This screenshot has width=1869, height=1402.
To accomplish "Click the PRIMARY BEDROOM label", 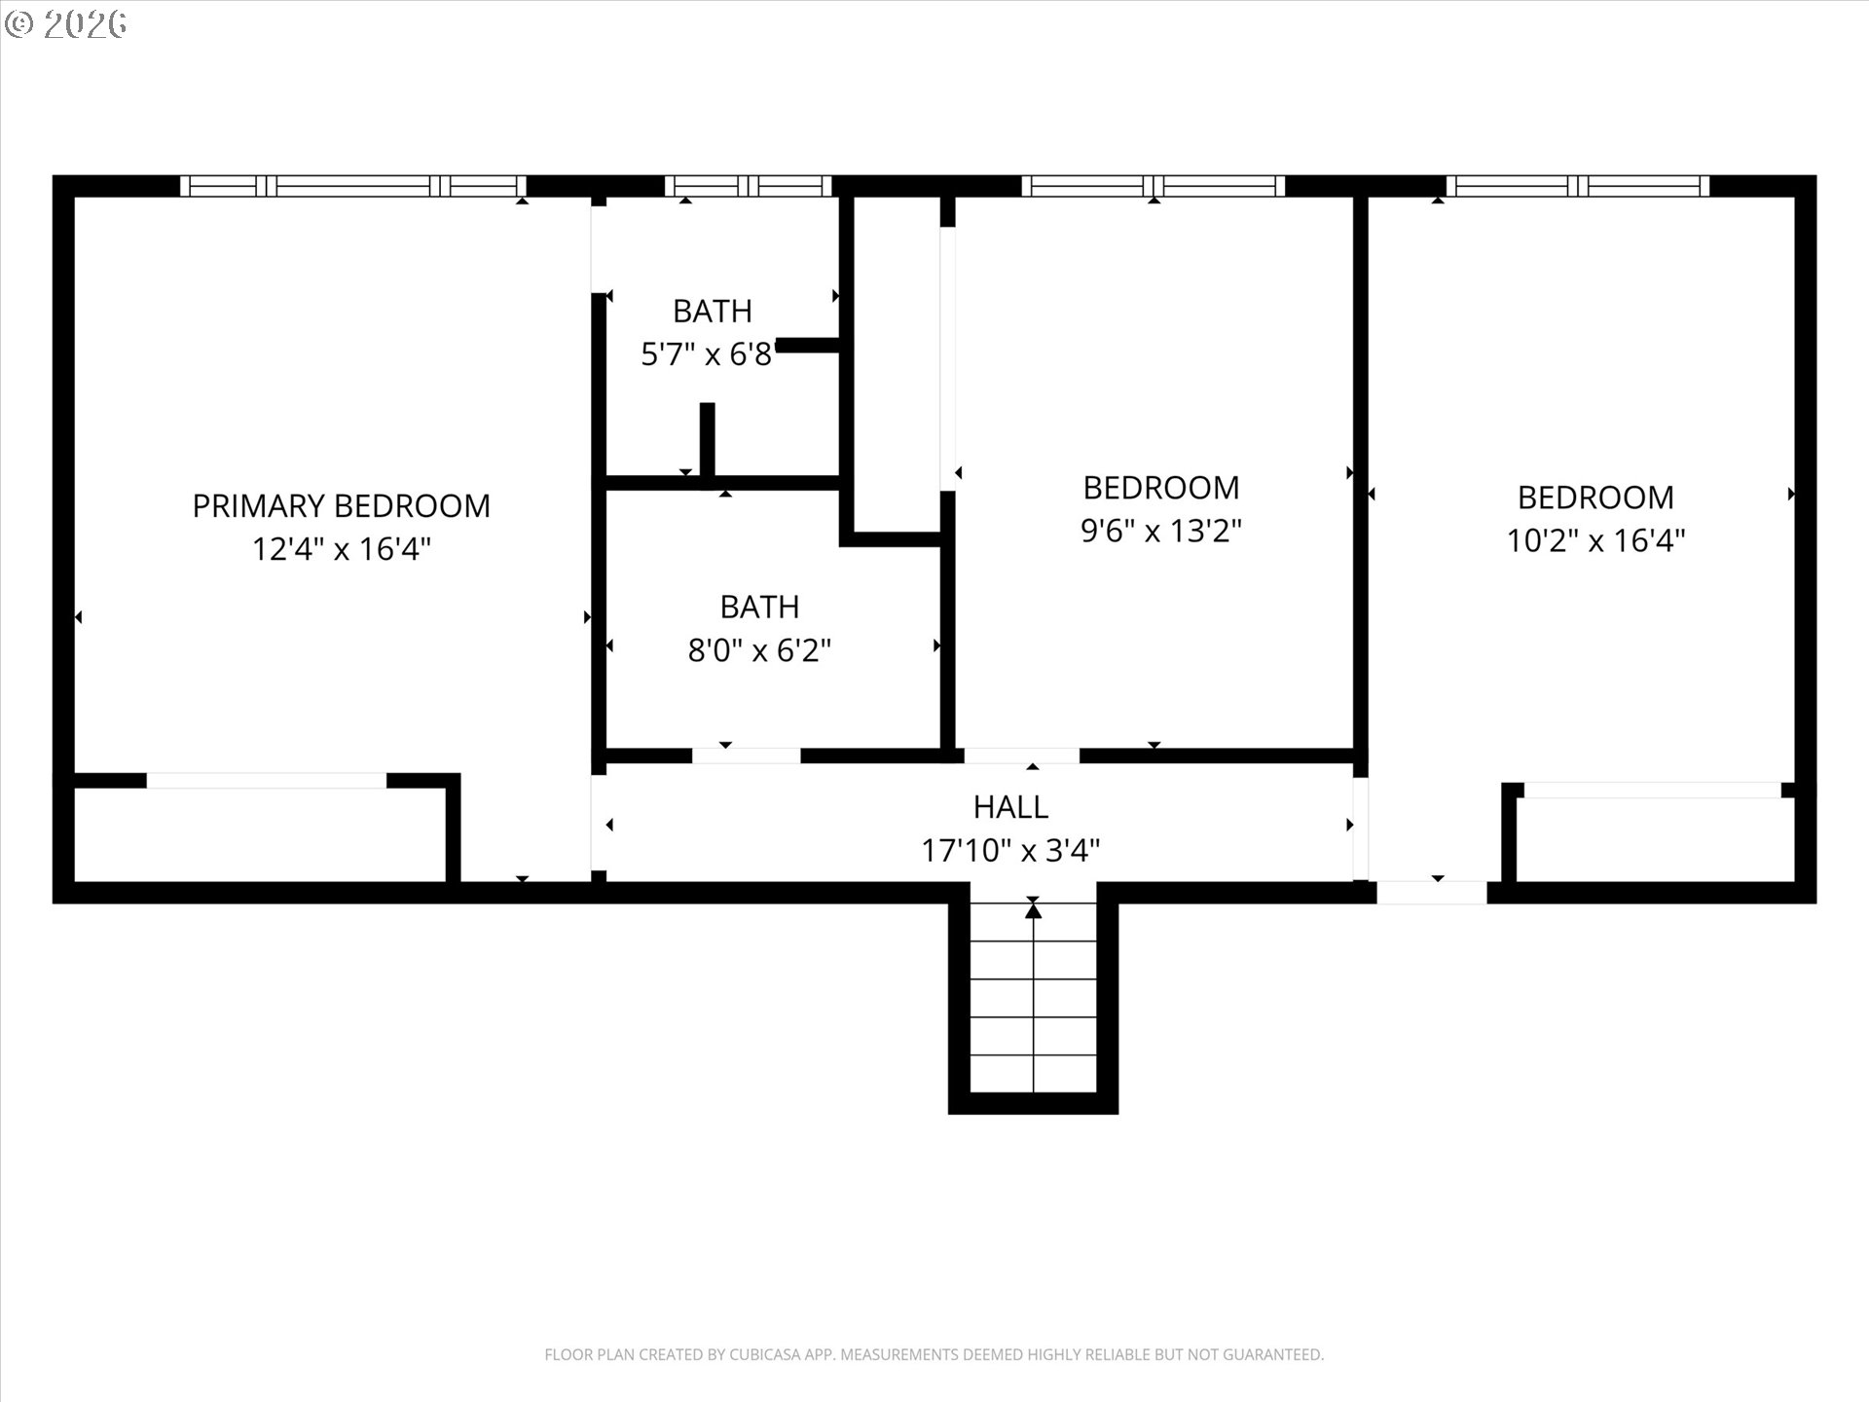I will tap(341, 506).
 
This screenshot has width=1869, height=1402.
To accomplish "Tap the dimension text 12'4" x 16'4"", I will tap(341, 550).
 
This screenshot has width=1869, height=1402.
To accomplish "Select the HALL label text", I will tap(1010, 807).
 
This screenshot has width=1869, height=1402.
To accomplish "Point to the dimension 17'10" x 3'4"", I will tap(1010, 851).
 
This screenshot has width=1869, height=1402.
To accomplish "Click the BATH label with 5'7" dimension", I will tap(713, 312).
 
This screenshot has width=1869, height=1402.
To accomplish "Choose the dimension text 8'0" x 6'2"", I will tap(759, 650).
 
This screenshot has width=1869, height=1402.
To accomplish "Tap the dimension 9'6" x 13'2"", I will tap(1161, 532).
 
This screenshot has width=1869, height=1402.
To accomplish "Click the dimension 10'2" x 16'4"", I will tap(1595, 540).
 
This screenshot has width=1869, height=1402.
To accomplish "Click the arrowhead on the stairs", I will tap(1033, 911).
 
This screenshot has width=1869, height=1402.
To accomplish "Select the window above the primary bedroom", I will tap(352, 186).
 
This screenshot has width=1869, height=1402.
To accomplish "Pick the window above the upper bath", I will tap(748, 186).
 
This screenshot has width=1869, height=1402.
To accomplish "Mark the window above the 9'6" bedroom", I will tap(1154, 186).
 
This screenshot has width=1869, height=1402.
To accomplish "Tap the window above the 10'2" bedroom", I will tap(1577, 186).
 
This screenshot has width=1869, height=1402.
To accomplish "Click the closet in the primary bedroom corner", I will tap(258, 834).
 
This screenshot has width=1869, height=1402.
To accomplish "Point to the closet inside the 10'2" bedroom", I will tap(1655, 839).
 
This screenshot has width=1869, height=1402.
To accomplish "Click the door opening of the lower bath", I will tap(746, 756).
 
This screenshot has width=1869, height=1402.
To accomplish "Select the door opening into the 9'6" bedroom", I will tap(1021, 756).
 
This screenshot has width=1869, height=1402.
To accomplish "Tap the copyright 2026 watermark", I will tap(66, 24).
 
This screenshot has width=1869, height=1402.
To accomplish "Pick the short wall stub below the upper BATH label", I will tap(708, 440).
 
